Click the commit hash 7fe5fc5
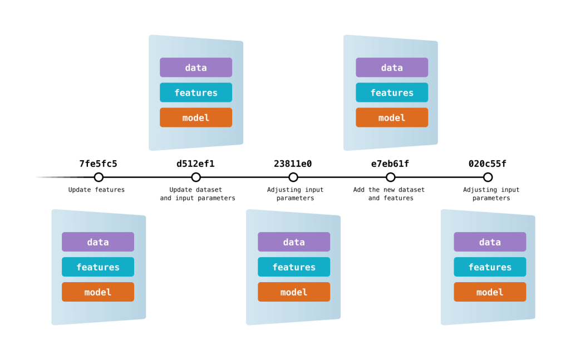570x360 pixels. tap(98, 164)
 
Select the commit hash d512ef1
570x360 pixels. tap(195, 164)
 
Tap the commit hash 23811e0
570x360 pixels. tap(293, 164)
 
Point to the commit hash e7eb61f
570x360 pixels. tap(390, 164)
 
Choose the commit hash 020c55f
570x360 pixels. tap(488, 164)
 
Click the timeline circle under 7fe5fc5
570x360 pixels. tap(99, 177)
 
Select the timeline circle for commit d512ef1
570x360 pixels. tap(196, 177)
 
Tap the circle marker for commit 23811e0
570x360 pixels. tap(293, 177)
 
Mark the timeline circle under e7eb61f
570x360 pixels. tap(391, 177)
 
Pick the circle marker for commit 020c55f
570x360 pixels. tap(488, 177)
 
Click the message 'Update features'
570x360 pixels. tap(96, 190)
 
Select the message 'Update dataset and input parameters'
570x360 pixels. tap(198, 194)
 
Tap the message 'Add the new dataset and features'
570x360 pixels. tap(389, 194)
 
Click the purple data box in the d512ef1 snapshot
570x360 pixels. tap(196, 67)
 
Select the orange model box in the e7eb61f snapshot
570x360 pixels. tap(392, 117)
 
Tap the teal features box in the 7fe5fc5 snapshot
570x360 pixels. tap(98, 267)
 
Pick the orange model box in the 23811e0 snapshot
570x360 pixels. tap(294, 292)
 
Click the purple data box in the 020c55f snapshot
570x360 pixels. tap(490, 242)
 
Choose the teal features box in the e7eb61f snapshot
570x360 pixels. tap(392, 92)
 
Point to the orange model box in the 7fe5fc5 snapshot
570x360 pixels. tap(98, 292)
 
